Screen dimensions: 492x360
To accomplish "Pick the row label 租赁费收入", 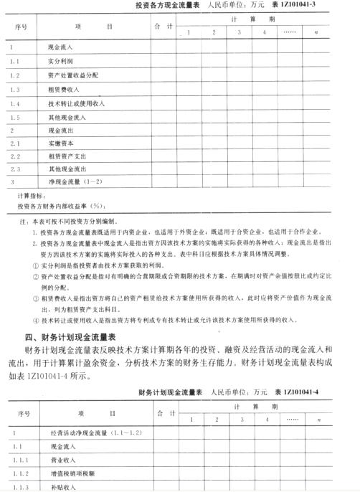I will (x=66, y=90).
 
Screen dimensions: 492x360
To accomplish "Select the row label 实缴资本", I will (x=62, y=145).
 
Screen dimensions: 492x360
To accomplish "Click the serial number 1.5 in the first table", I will (x=15, y=117).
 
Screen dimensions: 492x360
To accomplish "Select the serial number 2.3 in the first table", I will (x=15, y=169).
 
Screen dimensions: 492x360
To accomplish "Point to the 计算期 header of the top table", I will (x=250, y=19).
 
